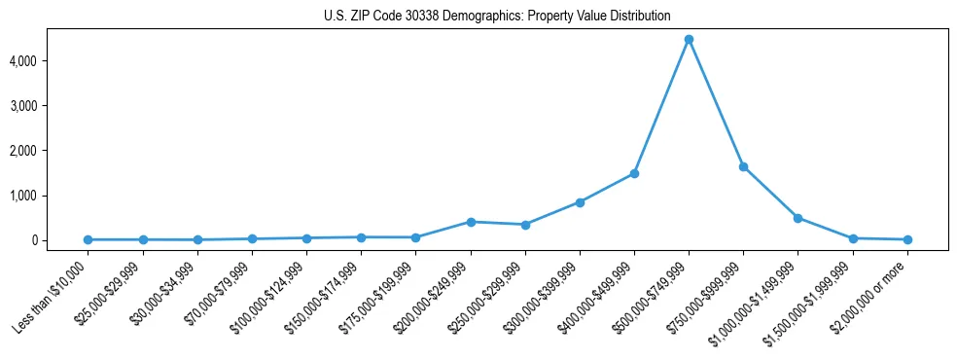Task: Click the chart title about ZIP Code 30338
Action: pyautogui.click(x=497, y=17)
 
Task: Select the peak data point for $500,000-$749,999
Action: pyautogui.click(x=689, y=40)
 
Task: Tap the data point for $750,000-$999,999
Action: pyautogui.click(x=743, y=166)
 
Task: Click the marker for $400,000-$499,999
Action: pyautogui.click(x=634, y=173)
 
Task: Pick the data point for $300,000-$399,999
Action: pyautogui.click(x=580, y=202)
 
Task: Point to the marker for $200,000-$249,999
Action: pyautogui.click(x=471, y=222)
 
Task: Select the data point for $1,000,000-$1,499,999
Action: pyautogui.click(x=797, y=218)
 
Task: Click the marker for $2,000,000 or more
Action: pyautogui.click(x=907, y=239)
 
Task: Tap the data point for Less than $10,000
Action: pyautogui.click(x=89, y=239)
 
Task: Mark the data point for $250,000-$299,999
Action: pyautogui.click(x=525, y=225)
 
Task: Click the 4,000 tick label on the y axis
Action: pyautogui.click(x=50, y=61)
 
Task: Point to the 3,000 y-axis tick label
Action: pyautogui.click(x=50, y=106)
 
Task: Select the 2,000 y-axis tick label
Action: pyautogui.click(x=50, y=151)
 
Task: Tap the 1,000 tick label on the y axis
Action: pyautogui.click(x=50, y=196)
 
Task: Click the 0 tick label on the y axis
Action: pyautogui.click(x=59, y=240)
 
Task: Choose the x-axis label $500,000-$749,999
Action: pyautogui.click(x=654, y=295)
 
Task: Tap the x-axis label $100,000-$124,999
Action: pyautogui.click(x=272, y=295)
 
